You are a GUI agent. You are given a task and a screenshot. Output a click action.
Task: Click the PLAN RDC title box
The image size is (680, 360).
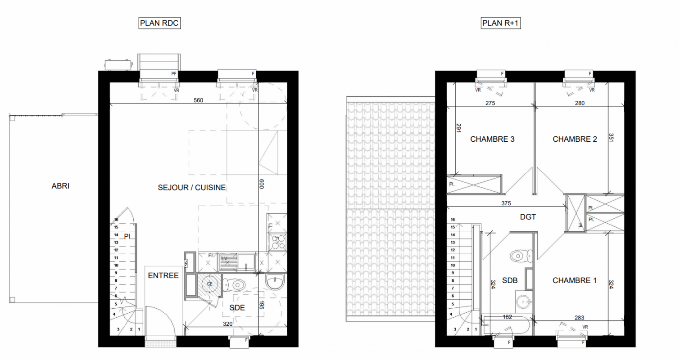(x=159, y=23)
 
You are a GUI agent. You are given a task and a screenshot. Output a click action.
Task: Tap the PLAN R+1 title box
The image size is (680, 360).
(x=501, y=23)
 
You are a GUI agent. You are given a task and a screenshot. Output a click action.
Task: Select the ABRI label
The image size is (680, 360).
(x=60, y=186)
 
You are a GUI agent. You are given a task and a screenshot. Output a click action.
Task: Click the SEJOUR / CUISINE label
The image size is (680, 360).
(x=191, y=188)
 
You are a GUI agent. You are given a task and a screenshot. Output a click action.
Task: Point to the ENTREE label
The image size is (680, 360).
(x=163, y=275)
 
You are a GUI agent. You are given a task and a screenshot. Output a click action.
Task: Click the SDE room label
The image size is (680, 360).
(x=237, y=307)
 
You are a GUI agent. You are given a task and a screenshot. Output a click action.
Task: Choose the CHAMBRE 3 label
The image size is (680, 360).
(x=492, y=139)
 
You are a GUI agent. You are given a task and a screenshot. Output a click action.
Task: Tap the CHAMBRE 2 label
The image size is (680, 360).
(x=575, y=139)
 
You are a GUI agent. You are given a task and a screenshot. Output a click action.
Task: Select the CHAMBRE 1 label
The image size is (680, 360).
(x=574, y=280)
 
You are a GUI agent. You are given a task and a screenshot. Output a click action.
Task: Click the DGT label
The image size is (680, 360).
(x=528, y=217)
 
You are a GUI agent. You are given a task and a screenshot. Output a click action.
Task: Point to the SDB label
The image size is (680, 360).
(x=510, y=280)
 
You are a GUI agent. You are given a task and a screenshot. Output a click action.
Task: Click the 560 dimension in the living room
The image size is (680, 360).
(x=198, y=100)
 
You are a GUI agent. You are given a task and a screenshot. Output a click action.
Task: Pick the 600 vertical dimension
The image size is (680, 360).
(x=262, y=184)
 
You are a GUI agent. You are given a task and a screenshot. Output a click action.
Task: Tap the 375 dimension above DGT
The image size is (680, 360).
(x=506, y=203)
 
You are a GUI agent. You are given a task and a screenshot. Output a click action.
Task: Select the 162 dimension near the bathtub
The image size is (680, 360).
(x=507, y=317)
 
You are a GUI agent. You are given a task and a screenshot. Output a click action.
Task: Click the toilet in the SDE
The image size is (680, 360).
(x=234, y=285)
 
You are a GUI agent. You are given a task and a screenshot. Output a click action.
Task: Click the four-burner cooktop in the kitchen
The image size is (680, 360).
(x=278, y=242)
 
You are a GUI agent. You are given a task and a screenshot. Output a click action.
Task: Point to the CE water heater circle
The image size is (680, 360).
(x=209, y=284)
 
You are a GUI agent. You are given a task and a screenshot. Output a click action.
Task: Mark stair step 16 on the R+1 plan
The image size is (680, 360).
(x=453, y=220)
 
